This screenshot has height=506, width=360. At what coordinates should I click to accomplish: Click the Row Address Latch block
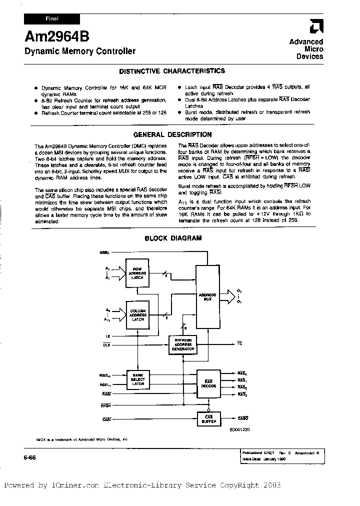(137, 273)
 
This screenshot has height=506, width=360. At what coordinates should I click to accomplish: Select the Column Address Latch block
(137, 315)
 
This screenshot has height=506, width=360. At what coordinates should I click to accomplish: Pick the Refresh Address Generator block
(183, 344)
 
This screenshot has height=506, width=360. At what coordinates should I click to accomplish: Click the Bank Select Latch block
(137, 380)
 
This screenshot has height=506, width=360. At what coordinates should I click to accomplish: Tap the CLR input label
(106, 344)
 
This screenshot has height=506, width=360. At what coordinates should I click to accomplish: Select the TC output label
(239, 344)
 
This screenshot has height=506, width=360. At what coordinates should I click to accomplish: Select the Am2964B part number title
(48, 36)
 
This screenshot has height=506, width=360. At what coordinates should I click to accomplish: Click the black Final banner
(52, 18)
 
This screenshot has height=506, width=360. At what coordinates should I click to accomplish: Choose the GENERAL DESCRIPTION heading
(172, 134)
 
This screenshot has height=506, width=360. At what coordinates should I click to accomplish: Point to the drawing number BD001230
(239, 428)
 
